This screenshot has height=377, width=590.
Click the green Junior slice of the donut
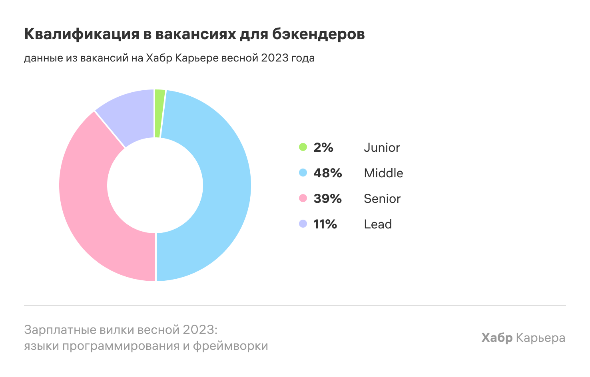pyautogui.click(x=159, y=114)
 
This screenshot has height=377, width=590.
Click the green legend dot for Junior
pyautogui.click(x=303, y=147)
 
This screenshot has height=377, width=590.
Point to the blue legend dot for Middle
pyautogui.click(x=303, y=173)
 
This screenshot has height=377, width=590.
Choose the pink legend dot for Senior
pyautogui.click(x=303, y=198)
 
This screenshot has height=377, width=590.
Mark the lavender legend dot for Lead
pyautogui.click(x=303, y=224)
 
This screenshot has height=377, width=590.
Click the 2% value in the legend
pyautogui.click(x=323, y=147)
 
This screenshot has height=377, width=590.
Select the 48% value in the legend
pyautogui.click(x=328, y=173)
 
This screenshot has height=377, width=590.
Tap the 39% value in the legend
pyautogui.click(x=328, y=198)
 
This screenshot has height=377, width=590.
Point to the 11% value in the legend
pyautogui.click(x=325, y=224)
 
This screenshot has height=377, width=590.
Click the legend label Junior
pyautogui.click(x=382, y=148)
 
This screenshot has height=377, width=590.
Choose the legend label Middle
pyautogui.click(x=383, y=173)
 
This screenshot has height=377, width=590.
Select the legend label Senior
pyautogui.click(x=382, y=198)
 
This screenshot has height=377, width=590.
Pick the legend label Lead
pyautogui.click(x=378, y=224)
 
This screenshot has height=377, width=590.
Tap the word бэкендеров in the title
pyautogui.click(x=318, y=34)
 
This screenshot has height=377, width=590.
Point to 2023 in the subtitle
pyautogui.click(x=275, y=58)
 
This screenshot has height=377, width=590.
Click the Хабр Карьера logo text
pyautogui.click(x=523, y=338)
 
